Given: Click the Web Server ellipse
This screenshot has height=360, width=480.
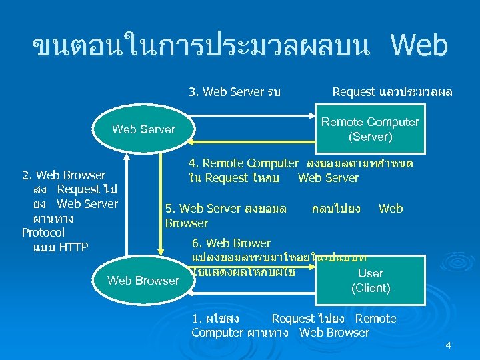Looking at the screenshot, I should coord(143,129).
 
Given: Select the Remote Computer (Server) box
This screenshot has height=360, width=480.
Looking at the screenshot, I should coord(370,129).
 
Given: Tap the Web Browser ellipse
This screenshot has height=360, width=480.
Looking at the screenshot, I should coord(143,280).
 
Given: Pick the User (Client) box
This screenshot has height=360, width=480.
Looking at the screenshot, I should coord(370,280).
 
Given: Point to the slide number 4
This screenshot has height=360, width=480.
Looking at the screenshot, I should coord(448,345).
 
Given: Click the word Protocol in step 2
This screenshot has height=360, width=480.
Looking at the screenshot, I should coord(43,233).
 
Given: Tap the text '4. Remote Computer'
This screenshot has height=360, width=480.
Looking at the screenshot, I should coord(243,163).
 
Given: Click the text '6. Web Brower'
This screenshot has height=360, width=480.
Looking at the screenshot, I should coord(231,243).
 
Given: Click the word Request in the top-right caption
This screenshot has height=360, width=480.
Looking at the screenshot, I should coord(355,92).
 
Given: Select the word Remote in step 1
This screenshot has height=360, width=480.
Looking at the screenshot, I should coord(375,319).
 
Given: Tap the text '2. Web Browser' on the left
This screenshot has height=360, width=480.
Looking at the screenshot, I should coord(63,175).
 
